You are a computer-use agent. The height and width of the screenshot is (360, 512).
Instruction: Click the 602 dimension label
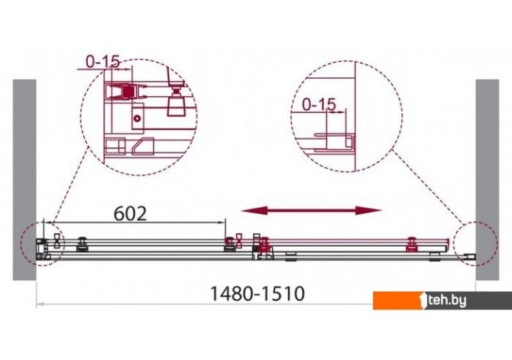click(x=130, y=214)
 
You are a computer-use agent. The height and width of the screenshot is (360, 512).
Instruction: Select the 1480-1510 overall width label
click(x=258, y=294)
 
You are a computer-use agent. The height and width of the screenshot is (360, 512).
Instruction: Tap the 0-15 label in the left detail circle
click(x=103, y=62)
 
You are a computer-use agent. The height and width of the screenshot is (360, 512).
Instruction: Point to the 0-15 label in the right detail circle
click(x=319, y=105)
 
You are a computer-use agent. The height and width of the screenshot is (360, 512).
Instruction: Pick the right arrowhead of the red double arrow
click(x=368, y=211)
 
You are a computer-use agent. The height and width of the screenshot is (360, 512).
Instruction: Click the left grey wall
click(x=24, y=180)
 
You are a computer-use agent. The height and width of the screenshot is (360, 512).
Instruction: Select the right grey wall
click(x=488, y=180)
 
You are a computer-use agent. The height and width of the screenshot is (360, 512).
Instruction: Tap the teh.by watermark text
click(x=447, y=301)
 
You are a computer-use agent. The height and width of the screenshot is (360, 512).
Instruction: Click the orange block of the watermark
click(x=399, y=300)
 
